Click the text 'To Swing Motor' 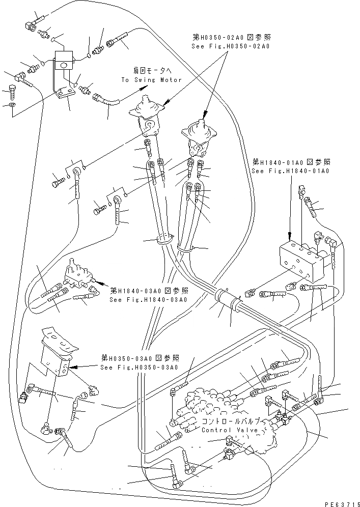152,80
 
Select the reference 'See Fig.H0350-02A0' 231,46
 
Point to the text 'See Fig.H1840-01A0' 291,171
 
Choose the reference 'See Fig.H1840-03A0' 149,299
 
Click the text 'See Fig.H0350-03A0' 139,368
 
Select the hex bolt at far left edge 13,93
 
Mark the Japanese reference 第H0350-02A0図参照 230,37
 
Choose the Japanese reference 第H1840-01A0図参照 291,162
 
